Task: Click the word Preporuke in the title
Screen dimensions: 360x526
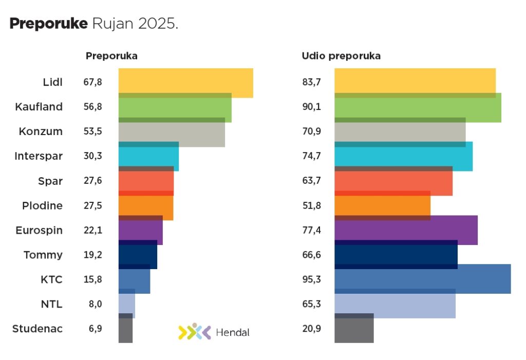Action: coord(49,24)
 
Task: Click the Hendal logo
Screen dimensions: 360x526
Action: coord(214,332)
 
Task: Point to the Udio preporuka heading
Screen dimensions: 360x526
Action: coord(341,56)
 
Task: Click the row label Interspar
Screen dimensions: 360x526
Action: coord(39,156)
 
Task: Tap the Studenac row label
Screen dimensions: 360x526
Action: coord(37,329)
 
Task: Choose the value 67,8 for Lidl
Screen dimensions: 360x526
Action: coord(92,82)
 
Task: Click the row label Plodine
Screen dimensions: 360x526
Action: coord(42,205)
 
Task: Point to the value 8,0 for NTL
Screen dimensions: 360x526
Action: coord(95,304)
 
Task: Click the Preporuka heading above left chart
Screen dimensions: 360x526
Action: coord(111,56)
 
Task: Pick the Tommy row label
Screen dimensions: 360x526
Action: coord(43,255)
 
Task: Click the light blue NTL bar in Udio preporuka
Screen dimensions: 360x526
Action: coord(394,304)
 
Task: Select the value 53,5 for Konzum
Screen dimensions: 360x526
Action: coord(92,131)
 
